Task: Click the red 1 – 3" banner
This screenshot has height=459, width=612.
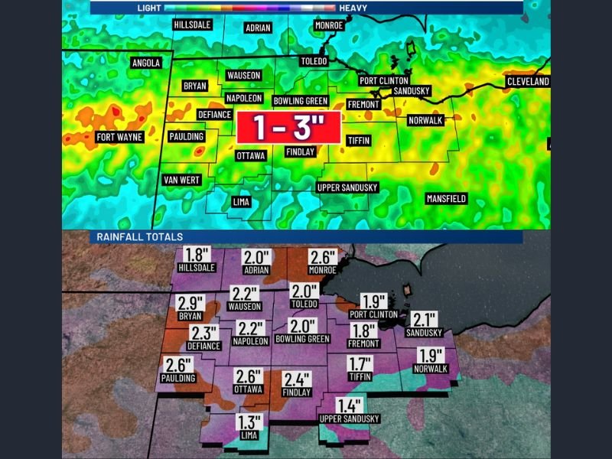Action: point(288,126)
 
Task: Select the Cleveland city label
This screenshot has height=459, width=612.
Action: point(528,81)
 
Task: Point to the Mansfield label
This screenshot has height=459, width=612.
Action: point(446,199)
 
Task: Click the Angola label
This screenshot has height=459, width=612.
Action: point(146,63)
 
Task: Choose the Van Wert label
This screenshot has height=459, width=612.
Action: point(182,180)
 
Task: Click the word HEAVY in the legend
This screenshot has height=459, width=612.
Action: point(354,7)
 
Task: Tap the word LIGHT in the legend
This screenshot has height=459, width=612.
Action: point(148,7)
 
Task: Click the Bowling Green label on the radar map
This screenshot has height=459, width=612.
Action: point(301,101)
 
